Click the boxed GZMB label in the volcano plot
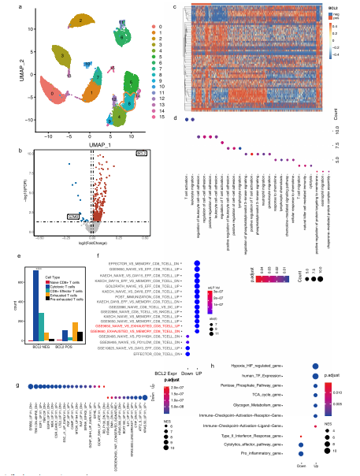click(x=72, y=214)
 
